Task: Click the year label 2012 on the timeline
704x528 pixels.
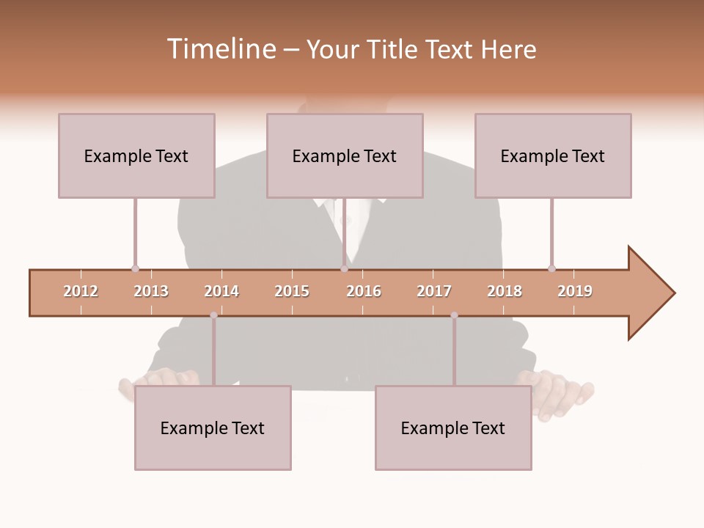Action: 81,291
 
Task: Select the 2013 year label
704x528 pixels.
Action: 151,291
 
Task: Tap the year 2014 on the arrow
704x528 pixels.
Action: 221,291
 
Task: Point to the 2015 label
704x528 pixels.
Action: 292,291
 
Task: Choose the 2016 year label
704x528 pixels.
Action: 364,291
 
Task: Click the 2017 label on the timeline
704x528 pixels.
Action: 434,291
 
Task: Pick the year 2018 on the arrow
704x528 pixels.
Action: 505,291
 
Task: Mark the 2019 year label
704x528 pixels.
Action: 575,291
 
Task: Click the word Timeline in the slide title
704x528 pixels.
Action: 220,49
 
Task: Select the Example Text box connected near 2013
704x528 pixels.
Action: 136,155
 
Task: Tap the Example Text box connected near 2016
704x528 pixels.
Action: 345,155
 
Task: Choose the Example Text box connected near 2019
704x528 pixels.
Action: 553,155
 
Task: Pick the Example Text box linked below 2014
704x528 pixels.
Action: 213,428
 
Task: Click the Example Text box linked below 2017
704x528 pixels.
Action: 453,428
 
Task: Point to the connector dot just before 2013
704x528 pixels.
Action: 135,268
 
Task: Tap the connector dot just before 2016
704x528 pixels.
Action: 344,268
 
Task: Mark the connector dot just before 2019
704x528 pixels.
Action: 551,268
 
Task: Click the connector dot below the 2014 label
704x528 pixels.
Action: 213,315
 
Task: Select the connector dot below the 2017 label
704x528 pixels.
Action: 454,315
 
